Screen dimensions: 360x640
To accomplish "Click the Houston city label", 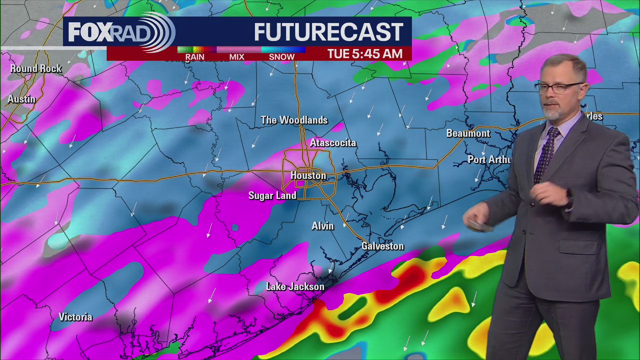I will (308, 175).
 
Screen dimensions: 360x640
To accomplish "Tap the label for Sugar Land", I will (272, 195).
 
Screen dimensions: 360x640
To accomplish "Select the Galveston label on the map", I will (382, 246).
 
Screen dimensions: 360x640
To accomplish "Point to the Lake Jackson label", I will (295, 286).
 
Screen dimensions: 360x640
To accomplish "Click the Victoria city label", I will (75, 317).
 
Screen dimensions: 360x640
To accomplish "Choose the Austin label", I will (21, 99).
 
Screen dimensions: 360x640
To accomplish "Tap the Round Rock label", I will (36, 68).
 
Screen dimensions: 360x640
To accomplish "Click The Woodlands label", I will (294, 120).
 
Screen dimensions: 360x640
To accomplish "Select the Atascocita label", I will (333, 143).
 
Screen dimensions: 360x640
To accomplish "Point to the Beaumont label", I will (468, 133).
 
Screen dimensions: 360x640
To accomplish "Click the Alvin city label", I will (322, 226).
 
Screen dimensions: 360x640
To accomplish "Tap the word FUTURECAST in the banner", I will (328, 32).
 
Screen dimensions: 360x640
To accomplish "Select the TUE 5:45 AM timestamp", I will (364, 54).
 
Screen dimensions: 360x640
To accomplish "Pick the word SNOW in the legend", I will (281, 57).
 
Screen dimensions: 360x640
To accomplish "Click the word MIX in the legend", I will (236, 57).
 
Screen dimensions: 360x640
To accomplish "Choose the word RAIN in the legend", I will (194, 57).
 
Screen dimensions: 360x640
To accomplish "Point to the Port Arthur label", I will (489, 159).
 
